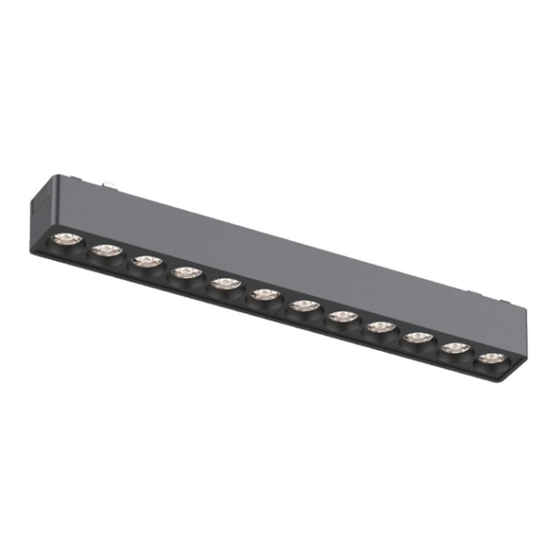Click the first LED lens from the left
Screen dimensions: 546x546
[x=64, y=239]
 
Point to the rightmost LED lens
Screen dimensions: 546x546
[x=490, y=358]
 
